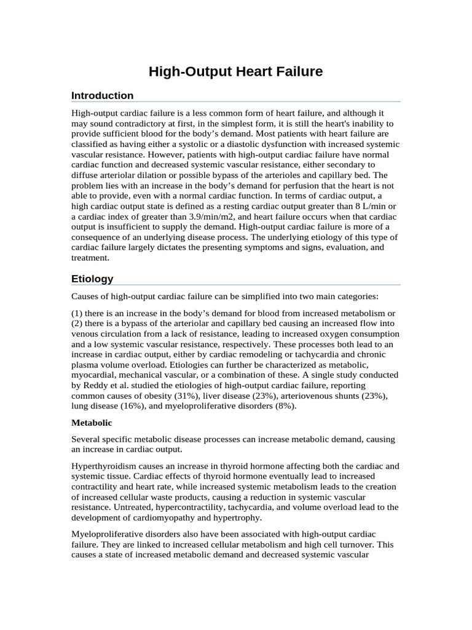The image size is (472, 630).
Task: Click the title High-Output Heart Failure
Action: [x=235, y=72]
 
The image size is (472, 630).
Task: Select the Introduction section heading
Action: [x=102, y=95]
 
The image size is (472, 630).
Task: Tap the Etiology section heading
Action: [x=92, y=279]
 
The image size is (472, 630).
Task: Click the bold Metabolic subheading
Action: [x=91, y=423]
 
